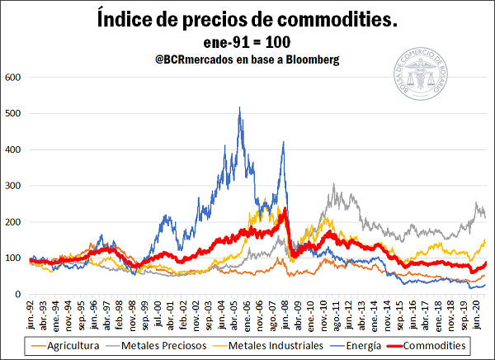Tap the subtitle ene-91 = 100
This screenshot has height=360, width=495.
click(x=247, y=42)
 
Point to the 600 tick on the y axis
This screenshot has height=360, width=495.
click(x=13, y=77)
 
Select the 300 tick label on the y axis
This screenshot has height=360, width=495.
click(x=13, y=186)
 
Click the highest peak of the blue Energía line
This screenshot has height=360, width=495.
click(x=239, y=107)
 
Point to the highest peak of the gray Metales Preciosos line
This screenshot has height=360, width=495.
click(x=333, y=185)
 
